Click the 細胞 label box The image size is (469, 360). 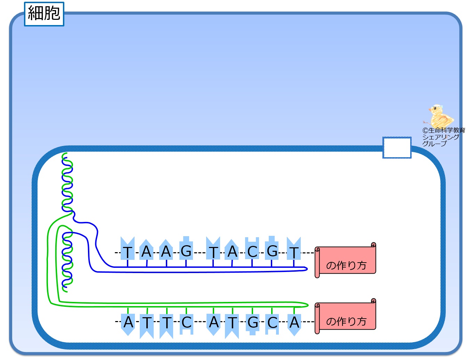(x=44, y=14)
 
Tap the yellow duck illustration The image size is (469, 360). (x=440, y=116)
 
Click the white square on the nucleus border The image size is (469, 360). (x=397, y=147)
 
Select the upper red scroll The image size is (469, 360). (x=345, y=260)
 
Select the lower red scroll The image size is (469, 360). (x=345, y=316)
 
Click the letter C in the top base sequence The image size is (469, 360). (x=252, y=251)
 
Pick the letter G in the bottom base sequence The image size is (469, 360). (x=252, y=322)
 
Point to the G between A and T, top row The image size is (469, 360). (x=186, y=251)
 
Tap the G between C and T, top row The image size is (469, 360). (x=272, y=251)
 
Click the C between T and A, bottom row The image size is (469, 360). (x=186, y=322)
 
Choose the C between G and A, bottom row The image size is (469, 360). (x=272, y=323)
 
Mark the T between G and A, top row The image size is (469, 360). (x=213, y=252)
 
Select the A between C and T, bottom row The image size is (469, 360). (x=214, y=322)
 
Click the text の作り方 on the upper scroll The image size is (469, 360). (x=346, y=265)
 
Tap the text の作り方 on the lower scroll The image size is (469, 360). (x=346, y=322)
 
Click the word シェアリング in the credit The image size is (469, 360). (x=440, y=137)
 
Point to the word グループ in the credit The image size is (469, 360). (x=434, y=144)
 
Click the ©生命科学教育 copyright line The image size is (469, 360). (x=444, y=130)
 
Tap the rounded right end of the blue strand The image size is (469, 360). (x=307, y=269)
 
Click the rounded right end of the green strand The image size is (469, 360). (x=308, y=305)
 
